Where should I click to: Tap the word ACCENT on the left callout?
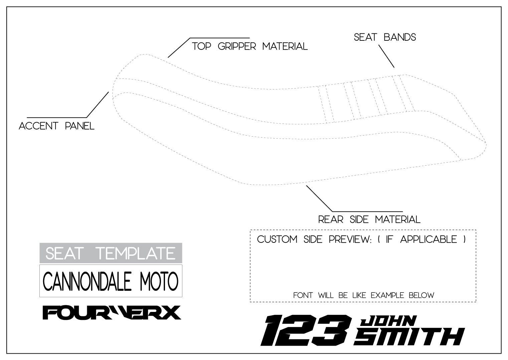(38, 126)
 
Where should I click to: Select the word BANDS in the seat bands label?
(400, 37)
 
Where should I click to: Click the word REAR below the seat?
(331, 219)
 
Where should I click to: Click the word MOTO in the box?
(159, 281)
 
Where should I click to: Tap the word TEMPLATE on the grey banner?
(136, 253)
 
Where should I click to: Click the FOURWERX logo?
(112, 313)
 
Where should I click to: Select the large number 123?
(306, 330)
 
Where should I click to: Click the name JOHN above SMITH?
(388, 321)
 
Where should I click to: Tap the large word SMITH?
(409, 337)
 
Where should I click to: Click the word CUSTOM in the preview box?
(277, 240)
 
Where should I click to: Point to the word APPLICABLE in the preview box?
(429, 240)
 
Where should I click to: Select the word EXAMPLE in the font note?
(387, 296)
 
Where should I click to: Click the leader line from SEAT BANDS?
(386, 56)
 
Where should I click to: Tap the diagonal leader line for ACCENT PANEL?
(98, 105)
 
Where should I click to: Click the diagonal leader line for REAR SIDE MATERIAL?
(319, 199)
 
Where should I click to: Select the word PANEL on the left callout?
(79, 126)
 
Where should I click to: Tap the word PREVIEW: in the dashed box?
(350, 240)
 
